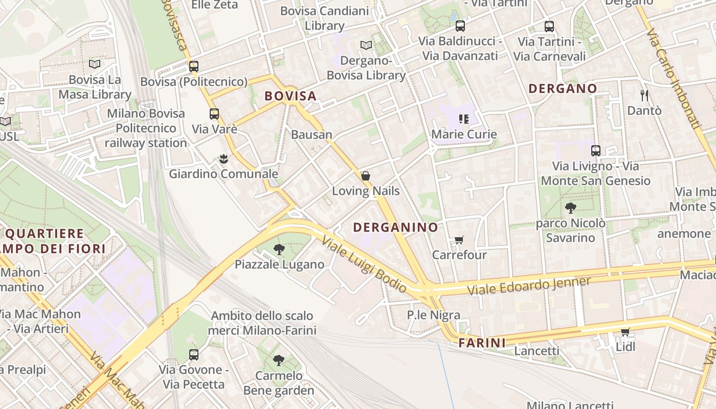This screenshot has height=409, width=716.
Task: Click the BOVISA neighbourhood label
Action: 290,96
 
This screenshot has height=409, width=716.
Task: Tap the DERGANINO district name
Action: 395,228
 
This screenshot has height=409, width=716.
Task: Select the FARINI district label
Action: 482,343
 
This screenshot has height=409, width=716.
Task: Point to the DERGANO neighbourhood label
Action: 563,88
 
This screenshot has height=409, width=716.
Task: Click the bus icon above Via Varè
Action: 214,114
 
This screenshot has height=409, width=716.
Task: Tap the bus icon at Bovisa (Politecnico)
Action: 193,66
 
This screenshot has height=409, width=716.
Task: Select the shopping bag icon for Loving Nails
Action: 366,176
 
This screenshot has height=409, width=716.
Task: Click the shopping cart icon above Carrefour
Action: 459,240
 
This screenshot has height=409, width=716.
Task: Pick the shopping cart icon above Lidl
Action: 625,332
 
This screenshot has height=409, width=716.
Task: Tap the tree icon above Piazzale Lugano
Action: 279,249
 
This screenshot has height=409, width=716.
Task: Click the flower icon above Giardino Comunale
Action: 223,159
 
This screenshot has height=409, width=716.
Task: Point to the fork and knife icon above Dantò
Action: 644,95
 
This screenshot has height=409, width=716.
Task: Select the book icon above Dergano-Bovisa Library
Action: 366,46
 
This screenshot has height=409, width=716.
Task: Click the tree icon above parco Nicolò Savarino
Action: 570,208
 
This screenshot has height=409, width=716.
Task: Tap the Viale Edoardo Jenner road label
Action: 529,286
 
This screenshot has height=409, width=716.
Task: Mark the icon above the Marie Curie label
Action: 464,119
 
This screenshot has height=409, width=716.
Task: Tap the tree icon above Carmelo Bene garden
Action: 278,360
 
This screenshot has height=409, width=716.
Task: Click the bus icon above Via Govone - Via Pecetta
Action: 193,354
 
